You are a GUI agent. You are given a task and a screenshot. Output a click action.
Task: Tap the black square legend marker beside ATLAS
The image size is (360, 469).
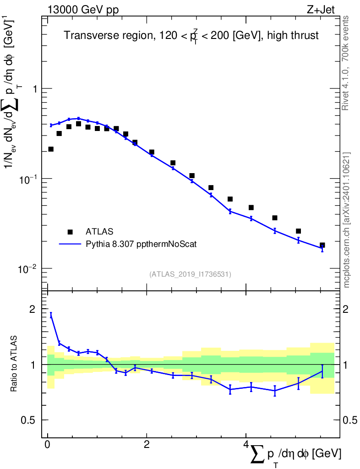70,232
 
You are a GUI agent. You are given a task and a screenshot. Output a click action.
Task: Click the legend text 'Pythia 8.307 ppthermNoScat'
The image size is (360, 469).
142,244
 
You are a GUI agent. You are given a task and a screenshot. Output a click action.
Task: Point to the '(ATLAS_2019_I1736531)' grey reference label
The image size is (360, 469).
190,274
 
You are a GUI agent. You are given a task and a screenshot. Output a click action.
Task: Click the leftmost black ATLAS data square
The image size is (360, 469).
51,149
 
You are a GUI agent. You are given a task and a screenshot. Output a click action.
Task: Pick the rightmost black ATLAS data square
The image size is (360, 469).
322,245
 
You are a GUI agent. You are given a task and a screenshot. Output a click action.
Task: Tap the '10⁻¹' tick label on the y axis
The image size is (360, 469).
29,178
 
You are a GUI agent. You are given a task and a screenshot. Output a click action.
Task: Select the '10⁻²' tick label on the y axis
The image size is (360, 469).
29,268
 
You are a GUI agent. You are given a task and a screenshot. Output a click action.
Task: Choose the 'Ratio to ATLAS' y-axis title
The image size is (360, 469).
14,365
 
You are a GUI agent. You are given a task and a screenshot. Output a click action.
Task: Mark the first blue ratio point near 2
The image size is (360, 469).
51,315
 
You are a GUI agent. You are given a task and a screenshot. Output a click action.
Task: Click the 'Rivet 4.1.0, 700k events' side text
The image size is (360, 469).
346,63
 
